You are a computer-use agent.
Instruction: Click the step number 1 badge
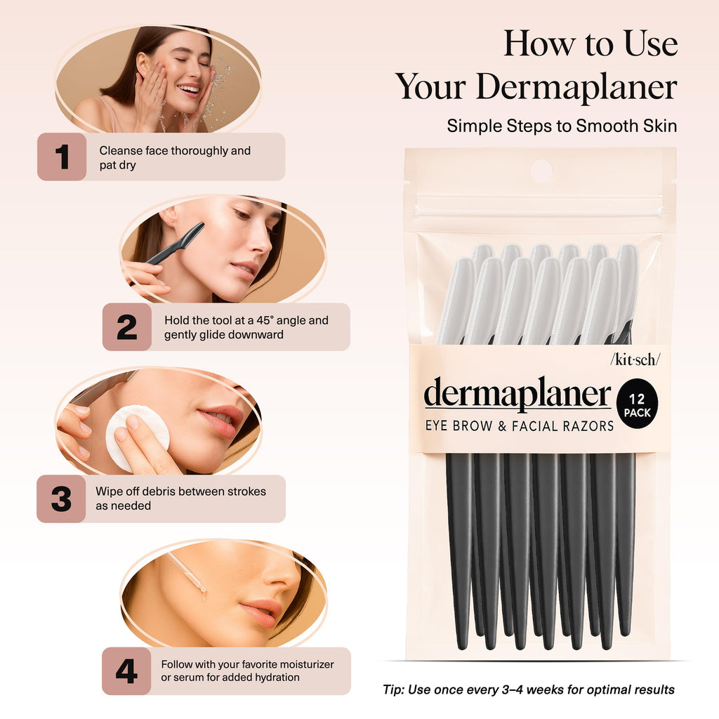click(62, 157)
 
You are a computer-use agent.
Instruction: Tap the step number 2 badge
click(127, 327)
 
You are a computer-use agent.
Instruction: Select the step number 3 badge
click(61, 499)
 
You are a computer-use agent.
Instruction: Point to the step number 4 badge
click(126, 671)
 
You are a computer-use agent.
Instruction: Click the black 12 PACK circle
click(637, 405)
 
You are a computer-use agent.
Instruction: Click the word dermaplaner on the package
click(517, 395)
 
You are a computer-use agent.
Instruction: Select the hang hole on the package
click(541, 170)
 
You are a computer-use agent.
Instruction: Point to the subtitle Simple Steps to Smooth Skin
click(562, 126)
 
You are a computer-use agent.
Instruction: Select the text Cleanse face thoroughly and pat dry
click(174, 157)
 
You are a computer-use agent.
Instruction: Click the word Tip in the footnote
click(393, 690)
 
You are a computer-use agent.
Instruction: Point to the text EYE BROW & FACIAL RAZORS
click(519, 426)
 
